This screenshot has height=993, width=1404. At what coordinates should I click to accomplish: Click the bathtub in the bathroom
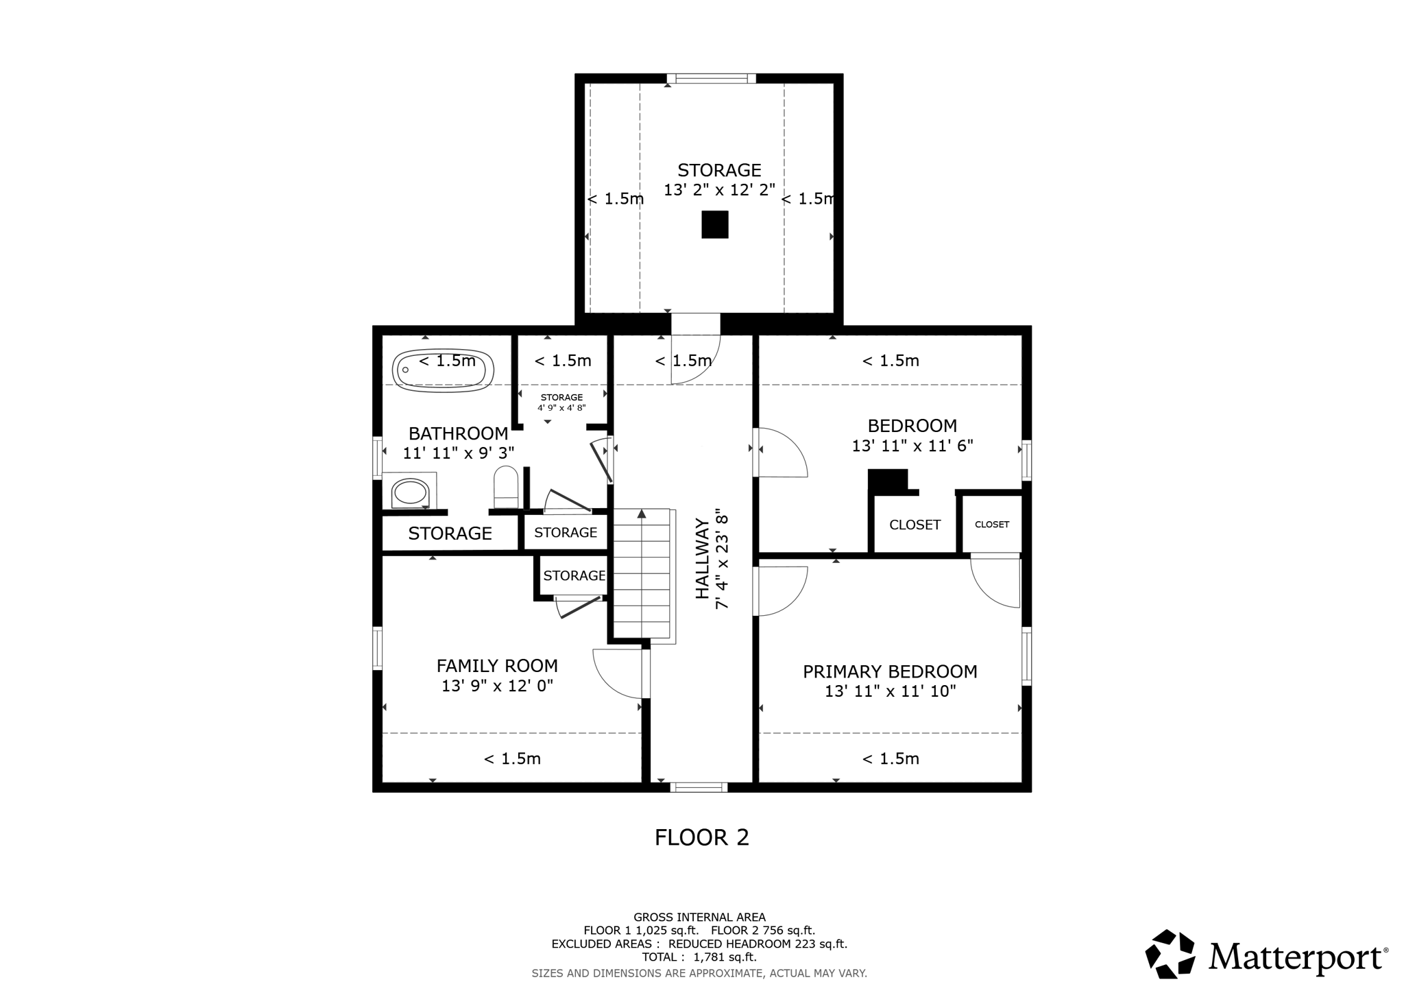(443, 370)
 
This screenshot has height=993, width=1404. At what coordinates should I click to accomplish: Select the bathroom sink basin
(410, 492)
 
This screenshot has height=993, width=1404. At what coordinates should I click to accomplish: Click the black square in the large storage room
(714, 224)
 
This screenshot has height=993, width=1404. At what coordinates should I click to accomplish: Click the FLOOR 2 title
(701, 837)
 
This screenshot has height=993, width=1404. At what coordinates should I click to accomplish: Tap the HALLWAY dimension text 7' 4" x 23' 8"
(721, 559)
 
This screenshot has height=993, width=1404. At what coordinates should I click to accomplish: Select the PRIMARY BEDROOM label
(890, 671)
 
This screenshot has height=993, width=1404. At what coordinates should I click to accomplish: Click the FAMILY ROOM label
(497, 666)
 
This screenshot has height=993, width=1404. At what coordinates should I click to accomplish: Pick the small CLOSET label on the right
(991, 525)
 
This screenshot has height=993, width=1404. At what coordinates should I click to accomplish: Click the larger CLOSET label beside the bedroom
(915, 525)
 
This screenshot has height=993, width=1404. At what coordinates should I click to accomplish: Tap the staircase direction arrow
(642, 513)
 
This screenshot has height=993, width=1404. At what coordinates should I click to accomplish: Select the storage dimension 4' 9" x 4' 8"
(561, 407)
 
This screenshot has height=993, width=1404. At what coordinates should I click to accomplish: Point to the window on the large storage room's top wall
(712, 78)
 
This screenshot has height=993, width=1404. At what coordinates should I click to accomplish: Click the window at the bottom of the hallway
(699, 787)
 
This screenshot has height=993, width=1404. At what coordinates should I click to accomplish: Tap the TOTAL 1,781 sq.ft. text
(699, 957)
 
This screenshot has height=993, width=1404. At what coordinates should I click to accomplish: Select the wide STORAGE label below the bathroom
(450, 534)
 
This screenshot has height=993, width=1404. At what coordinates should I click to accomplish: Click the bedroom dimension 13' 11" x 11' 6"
(912, 446)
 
